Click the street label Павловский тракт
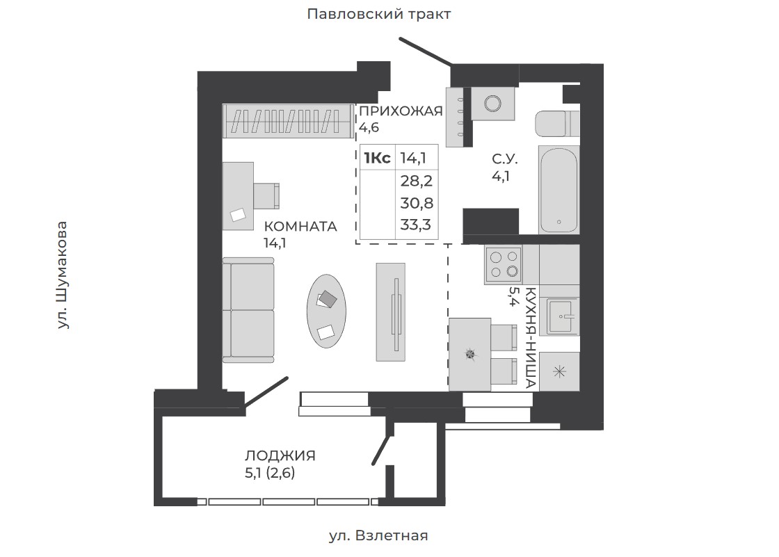[x=378, y=15]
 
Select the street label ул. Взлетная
[x=378, y=535]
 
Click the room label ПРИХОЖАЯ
[x=401, y=111]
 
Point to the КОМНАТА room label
[x=300, y=227]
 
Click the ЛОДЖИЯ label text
[x=280, y=455]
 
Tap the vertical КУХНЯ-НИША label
[x=530, y=337]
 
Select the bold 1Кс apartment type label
[x=377, y=159]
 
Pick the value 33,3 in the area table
[x=416, y=225]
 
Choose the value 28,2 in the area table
[x=417, y=181]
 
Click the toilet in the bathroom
[x=557, y=123]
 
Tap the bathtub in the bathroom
[x=559, y=190]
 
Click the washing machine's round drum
[x=493, y=104]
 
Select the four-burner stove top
[x=504, y=265]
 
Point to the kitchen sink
[x=563, y=316]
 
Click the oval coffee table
[x=326, y=312]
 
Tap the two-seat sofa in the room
[x=248, y=310]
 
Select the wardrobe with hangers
[x=289, y=121]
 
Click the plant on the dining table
[x=470, y=354]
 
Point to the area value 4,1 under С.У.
[x=501, y=177]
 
